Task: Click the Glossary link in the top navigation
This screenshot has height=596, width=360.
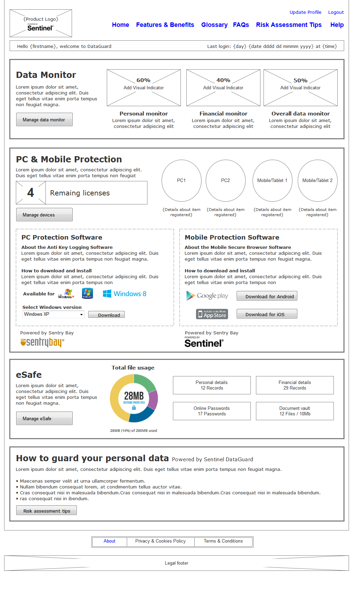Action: click(214, 25)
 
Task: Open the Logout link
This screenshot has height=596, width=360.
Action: click(336, 12)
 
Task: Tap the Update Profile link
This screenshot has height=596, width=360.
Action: click(305, 12)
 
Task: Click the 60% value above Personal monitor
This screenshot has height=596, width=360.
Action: click(143, 80)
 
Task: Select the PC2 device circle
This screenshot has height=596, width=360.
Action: click(225, 180)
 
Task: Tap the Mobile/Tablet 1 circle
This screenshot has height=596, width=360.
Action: click(272, 180)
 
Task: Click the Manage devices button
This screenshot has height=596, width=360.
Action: click(44, 215)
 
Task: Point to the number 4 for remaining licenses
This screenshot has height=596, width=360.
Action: click(31, 193)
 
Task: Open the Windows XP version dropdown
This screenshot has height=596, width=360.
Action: click(53, 314)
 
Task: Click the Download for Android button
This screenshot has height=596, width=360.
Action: click(267, 296)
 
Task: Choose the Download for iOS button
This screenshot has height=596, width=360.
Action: click(267, 314)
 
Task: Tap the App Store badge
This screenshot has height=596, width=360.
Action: click(212, 314)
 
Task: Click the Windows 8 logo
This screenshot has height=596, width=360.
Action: click(125, 294)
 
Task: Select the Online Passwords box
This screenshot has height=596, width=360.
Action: click(212, 411)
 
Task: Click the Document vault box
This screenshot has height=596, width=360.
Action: click(295, 411)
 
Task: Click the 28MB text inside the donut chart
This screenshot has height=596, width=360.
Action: click(134, 396)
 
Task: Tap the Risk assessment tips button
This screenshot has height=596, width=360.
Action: click(47, 511)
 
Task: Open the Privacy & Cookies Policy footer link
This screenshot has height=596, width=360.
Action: click(161, 541)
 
